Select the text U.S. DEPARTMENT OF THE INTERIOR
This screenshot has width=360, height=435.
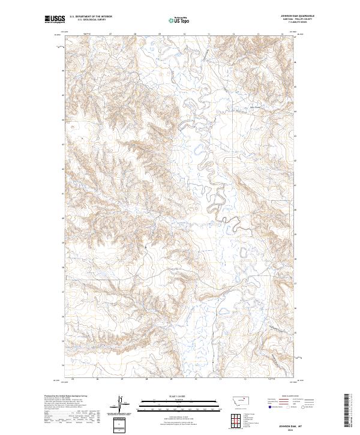[x=91, y=17]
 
